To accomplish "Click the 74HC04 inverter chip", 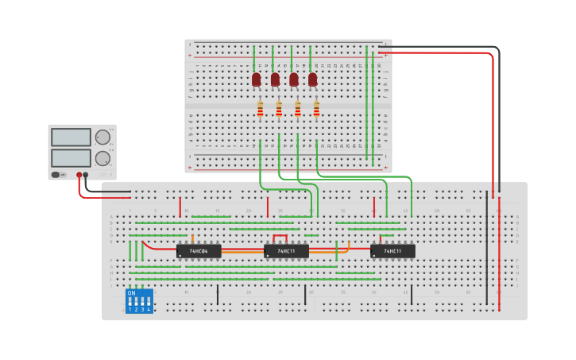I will tap(199, 251).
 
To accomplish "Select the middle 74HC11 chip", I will tap(286, 251).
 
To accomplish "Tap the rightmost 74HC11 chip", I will tap(392, 251).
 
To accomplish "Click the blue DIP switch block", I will tap(139, 301).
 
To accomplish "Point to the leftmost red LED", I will tap(256, 79).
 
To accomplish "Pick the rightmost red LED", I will tap(313, 79).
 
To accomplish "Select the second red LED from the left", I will tap(275, 79).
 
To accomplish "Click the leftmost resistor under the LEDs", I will tap(260, 109).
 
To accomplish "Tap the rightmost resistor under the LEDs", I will tap(316, 109).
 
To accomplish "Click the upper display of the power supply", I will tap(71, 137).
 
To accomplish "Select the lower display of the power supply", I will tap(71, 157).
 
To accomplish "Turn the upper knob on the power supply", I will tap(102, 137).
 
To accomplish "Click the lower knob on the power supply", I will tap(102, 157).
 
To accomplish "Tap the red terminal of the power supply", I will tap(79, 175).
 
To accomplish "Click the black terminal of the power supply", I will tap(86, 175).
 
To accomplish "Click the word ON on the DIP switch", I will tap(131, 293).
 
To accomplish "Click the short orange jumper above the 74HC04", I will tap(193, 238).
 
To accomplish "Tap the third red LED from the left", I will tap(294, 79).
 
